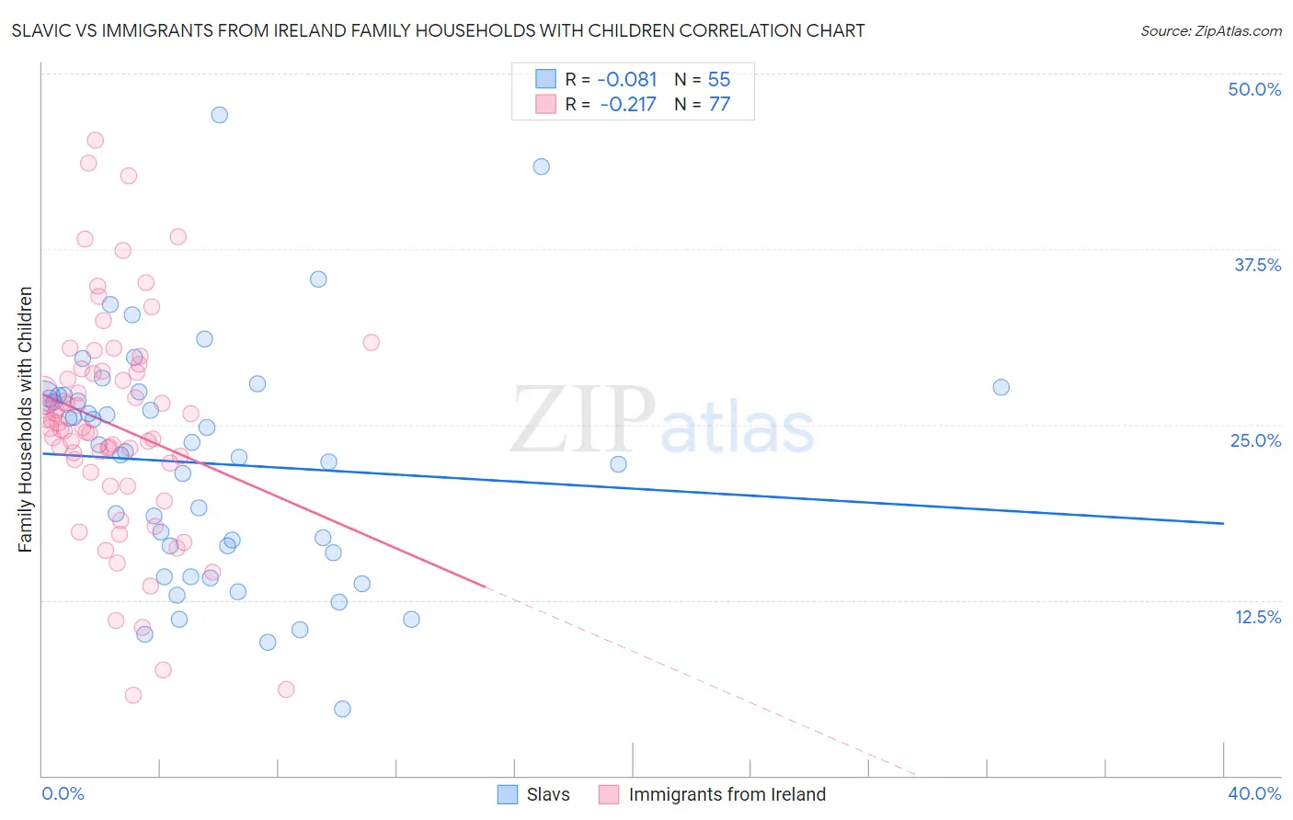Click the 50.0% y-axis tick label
[x=1254, y=90]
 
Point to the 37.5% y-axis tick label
[x=1257, y=266]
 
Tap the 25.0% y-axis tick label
[x=1255, y=441]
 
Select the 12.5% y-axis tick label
[x=1257, y=617]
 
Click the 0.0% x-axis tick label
[x=63, y=794]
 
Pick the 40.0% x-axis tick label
[x=1254, y=794]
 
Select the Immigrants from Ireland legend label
[x=727, y=795]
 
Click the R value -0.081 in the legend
[x=628, y=80]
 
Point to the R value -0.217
[x=628, y=105]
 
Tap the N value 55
[x=719, y=80]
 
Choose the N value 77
[x=719, y=105]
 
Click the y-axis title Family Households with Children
[x=25, y=419]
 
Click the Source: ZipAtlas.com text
[x=1210, y=31]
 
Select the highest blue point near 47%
[x=219, y=115]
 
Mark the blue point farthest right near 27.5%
[x=1001, y=387]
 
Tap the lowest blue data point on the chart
[x=342, y=709]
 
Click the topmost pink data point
[x=95, y=141]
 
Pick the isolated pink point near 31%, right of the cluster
[x=372, y=342]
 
